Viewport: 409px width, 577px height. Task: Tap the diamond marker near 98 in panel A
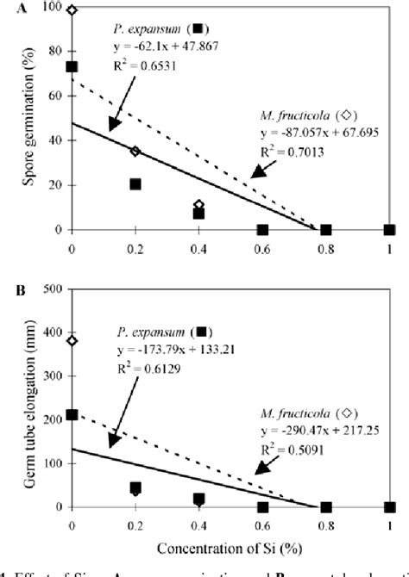tap(72, 10)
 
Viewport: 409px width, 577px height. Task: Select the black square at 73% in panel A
tap(72, 66)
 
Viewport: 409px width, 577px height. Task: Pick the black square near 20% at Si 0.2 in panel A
tap(135, 183)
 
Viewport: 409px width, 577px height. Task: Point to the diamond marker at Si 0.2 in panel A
tap(135, 151)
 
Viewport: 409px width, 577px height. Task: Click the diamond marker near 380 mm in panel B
tap(72, 340)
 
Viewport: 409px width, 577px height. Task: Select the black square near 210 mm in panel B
tap(72, 414)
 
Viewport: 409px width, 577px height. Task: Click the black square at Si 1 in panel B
tap(389, 507)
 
